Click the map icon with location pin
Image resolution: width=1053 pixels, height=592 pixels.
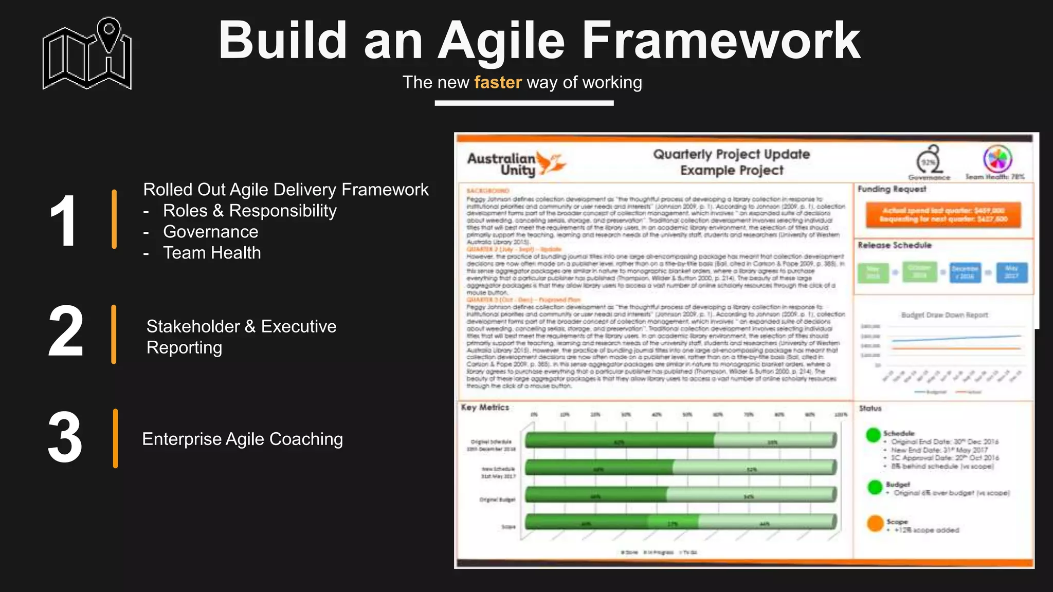click(87, 54)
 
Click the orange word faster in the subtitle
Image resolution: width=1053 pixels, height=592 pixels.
click(498, 82)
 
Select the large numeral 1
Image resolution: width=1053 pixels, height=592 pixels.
click(64, 221)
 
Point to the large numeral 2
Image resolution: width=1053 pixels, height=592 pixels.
click(65, 331)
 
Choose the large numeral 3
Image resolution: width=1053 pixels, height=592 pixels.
click(65, 438)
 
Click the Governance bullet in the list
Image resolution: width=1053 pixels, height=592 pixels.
click(210, 232)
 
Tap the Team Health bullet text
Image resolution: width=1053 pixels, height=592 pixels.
click(212, 253)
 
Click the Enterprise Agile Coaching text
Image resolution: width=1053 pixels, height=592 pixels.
click(242, 439)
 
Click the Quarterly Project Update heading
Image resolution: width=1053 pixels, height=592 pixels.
click(731, 154)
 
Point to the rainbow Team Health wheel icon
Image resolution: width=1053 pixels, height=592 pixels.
click(997, 159)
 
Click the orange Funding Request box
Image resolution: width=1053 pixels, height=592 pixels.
click(943, 214)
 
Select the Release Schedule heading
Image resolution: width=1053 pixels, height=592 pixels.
click(895, 245)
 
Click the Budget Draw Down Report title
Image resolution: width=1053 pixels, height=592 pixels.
click(945, 315)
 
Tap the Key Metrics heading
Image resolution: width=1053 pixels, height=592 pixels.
click(485, 408)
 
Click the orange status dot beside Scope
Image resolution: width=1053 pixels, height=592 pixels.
click(875, 524)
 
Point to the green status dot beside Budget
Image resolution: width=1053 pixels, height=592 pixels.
click(875, 487)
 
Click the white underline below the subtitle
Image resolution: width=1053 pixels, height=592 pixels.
click(524, 103)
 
